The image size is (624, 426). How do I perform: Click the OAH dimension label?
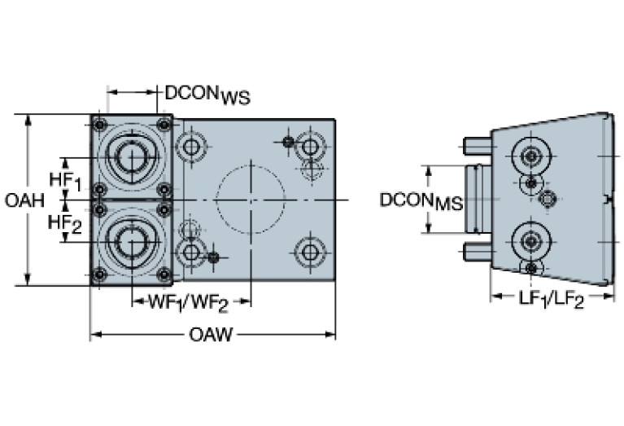coord(24,200)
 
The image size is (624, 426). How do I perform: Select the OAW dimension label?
coord(211,334)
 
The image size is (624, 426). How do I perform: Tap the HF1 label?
coord(65,181)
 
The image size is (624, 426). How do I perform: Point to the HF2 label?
coord(65,223)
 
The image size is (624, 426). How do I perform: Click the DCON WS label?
coord(207,94)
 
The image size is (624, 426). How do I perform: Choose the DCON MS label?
coord(421,201)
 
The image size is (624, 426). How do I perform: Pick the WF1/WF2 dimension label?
coord(188,304)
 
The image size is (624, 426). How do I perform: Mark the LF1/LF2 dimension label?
coord(551,299)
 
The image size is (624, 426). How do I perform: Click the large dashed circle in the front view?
coord(251,199)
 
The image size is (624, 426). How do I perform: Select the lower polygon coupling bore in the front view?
coord(131,242)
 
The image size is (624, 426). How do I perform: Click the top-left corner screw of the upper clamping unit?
coord(99,125)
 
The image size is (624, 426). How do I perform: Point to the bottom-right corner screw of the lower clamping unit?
coord(164,274)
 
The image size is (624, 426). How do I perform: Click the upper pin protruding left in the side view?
coord(478,147)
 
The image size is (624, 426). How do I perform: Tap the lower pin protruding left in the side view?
coord(478,252)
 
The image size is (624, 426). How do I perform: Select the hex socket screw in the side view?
coord(548,199)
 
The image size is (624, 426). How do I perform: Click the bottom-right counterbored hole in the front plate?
coord(310,252)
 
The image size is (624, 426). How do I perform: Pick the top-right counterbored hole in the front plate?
coord(310,147)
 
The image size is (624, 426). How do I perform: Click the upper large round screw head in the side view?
coord(531,156)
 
